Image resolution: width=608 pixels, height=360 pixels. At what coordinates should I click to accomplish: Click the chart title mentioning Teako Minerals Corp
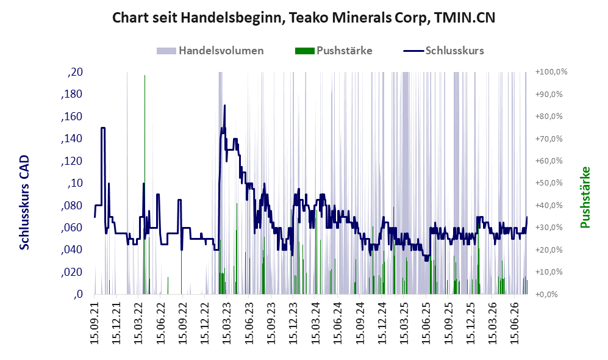(304, 18)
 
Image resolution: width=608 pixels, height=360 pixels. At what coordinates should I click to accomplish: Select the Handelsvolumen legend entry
(210, 51)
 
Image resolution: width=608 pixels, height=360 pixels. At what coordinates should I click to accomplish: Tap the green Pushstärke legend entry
(334, 51)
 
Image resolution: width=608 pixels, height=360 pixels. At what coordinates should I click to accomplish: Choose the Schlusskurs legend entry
(443, 51)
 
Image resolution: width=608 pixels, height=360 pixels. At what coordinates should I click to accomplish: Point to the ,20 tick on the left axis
(75, 72)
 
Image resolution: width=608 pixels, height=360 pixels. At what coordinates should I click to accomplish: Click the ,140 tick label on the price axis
(72, 139)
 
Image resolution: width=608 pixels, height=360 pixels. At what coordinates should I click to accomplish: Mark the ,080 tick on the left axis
(72, 206)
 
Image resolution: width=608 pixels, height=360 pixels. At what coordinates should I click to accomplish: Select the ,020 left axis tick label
(72, 272)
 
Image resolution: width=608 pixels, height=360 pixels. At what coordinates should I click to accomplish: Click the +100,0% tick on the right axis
(551, 72)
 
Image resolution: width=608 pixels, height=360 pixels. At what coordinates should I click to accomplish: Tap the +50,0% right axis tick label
(549, 183)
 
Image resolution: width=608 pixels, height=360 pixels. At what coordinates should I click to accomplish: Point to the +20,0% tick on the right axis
(549, 250)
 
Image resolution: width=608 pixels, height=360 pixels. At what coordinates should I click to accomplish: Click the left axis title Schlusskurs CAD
(24, 203)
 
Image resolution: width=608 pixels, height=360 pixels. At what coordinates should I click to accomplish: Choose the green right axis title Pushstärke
(585, 198)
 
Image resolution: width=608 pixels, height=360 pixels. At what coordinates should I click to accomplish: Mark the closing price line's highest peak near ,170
(224, 106)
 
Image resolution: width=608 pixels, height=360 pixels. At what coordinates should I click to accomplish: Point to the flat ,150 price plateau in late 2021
(103, 128)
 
